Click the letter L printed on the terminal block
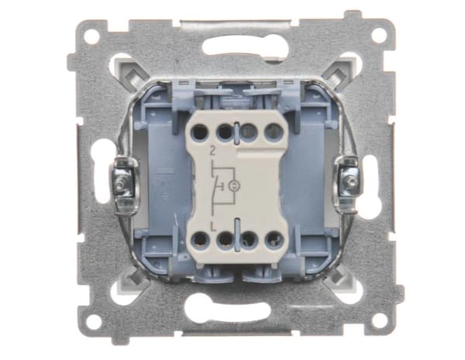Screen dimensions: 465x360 pos(212,226)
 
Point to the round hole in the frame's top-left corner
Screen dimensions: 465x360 pos(91,37)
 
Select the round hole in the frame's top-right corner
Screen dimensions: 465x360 pos(379,35)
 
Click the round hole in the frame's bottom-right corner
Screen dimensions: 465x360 pos(380,321)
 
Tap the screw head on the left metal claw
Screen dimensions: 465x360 pos(120,184)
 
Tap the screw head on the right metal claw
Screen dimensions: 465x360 pos(351,180)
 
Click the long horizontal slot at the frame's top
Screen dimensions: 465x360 pos(245,46)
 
